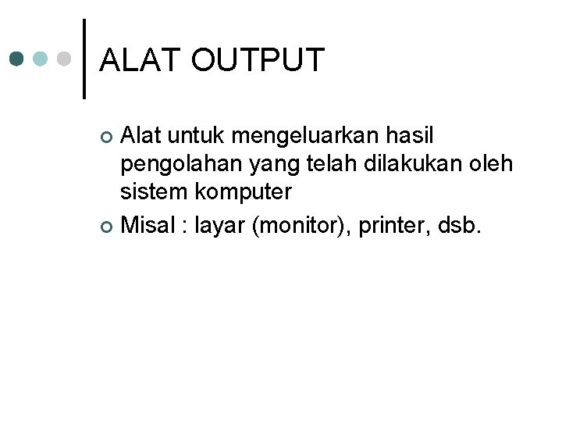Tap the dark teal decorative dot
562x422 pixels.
(17, 59)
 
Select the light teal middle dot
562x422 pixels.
(41, 59)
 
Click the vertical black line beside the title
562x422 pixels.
(84, 59)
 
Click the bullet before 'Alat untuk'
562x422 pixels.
(108, 138)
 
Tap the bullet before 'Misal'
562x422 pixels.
(108, 227)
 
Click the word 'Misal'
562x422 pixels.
(148, 226)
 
